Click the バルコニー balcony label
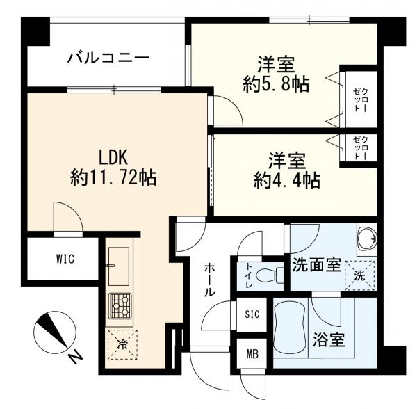[108, 58]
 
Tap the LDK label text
[113, 157]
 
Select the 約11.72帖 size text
[113, 178]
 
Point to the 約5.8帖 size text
[276, 85]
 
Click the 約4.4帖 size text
[286, 181]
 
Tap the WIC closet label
[65, 259]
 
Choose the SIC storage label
[252, 314]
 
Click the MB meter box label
[252, 354]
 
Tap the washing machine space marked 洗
[359, 275]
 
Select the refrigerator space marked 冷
[122, 344]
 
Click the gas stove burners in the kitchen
[120, 306]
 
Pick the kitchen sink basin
[119, 266]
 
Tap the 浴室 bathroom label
[329, 340]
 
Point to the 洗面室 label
[316, 264]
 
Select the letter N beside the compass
[74, 358]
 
